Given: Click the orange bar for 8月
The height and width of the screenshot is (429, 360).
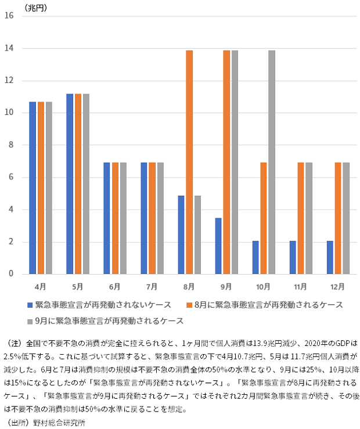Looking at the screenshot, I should click(189, 162).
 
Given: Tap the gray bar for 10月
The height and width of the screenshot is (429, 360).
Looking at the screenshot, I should click(272, 162).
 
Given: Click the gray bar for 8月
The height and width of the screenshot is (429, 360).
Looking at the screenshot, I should click(197, 235).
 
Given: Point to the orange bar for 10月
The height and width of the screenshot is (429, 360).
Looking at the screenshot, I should click(264, 218).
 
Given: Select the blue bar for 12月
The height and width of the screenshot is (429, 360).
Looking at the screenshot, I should click(330, 258).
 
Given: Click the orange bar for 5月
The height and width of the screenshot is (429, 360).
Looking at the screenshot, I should click(77, 183).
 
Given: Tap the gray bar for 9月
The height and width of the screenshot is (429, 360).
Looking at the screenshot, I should click(235, 162).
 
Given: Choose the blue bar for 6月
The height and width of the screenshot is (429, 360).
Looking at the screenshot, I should click(107, 218).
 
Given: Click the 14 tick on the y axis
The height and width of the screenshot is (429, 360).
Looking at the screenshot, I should click(9, 48).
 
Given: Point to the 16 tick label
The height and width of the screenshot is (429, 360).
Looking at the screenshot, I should click(9, 16).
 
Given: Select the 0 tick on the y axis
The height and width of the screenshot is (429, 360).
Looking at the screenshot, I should click(11, 274).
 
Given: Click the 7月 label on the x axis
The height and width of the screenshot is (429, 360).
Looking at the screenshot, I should click(152, 287).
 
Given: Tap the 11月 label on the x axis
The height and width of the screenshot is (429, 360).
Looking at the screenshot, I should click(301, 287).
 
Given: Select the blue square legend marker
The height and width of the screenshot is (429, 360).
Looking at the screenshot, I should click(30, 305).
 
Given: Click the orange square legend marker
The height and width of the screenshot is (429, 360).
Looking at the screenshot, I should click(188, 305).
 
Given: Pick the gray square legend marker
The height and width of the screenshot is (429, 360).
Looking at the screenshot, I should click(30, 321).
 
